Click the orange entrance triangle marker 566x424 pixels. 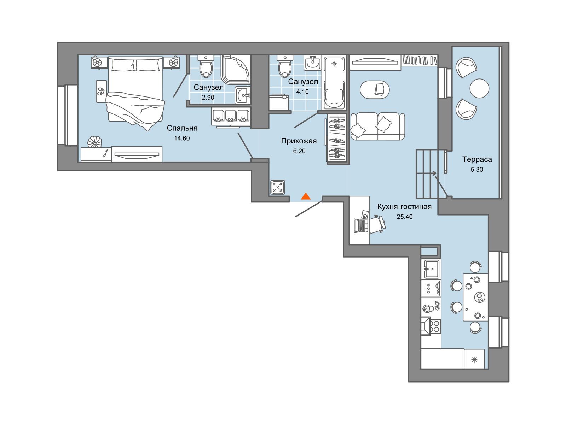click(306, 196)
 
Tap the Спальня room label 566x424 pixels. click(182, 128)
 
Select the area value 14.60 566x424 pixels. click(182, 138)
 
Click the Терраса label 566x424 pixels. click(477, 160)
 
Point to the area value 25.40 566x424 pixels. click(405, 217)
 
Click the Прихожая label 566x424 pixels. click(299, 141)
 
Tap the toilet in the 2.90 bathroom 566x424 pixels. click(206, 66)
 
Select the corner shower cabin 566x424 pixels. click(236, 70)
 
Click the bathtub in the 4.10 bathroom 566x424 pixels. click(334, 83)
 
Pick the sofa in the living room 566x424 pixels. click(377, 126)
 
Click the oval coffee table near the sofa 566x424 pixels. click(375, 90)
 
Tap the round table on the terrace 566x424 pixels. click(479, 88)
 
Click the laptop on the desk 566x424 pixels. click(361, 226)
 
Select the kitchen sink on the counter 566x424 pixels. click(432, 269)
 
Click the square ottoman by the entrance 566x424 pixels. click(278, 187)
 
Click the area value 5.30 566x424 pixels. click(477, 170)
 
